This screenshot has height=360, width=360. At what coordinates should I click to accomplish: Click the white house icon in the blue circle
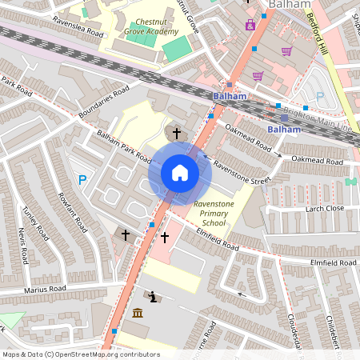tap(180, 172)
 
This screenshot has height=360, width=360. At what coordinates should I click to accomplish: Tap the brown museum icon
tap(138, 312)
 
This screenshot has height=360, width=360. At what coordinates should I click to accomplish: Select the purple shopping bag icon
tap(250, 25)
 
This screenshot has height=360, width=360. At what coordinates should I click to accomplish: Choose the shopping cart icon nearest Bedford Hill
tap(286, 51)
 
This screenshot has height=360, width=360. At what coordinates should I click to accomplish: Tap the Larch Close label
tap(324, 209)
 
